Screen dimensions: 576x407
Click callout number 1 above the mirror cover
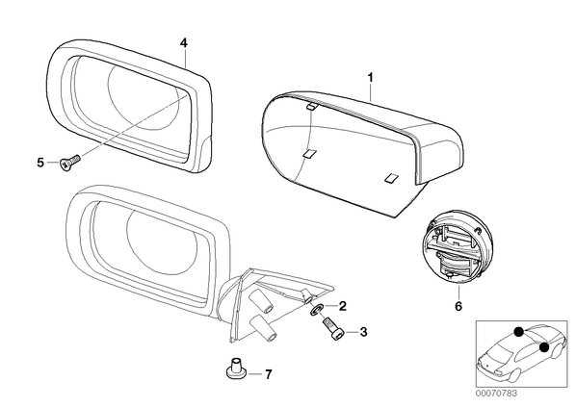point(371,77)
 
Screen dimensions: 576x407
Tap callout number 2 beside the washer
point(342,306)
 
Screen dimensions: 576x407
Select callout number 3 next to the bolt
point(363,332)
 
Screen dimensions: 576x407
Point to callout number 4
point(184,43)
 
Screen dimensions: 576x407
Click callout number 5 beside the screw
point(40,163)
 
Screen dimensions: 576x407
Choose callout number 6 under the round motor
point(458,306)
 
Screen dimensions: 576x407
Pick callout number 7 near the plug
point(269,374)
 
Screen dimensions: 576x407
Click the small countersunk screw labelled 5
point(69,163)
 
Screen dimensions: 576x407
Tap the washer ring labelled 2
point(317,310)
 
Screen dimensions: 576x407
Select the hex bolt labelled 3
point(333,330)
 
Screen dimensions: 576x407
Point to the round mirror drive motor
point(456,247)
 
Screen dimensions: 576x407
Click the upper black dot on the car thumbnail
point(519,332)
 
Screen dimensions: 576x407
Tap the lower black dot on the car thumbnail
point(544,346)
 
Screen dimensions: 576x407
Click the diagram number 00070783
point(496,394)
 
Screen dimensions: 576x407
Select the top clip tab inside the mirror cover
point(312,107)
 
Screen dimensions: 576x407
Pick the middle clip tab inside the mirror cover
point(309,153)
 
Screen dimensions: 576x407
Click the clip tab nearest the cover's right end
point(391,177)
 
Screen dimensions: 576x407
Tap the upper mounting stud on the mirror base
point(261,300)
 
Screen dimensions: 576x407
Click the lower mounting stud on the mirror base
point(263,328)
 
